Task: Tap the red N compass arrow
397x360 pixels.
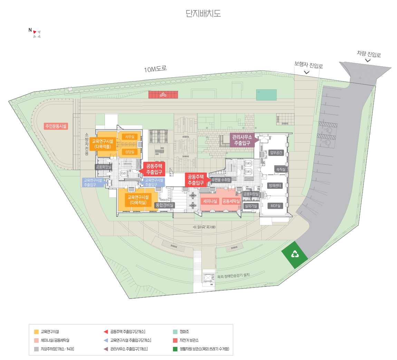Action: [35, 32]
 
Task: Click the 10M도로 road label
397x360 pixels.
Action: [155, 69]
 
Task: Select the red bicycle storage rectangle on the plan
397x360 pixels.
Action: [163, 94]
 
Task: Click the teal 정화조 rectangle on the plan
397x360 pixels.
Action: [266, 95]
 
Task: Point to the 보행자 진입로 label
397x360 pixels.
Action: [308, 65]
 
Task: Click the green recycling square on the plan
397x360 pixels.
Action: [294, 255]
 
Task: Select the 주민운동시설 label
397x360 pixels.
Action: [56, 126]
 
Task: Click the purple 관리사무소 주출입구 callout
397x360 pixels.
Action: [242, 140]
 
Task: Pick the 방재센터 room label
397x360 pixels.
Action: [275, 186]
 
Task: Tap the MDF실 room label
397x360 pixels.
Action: [275, 206]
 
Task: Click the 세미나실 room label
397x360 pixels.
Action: [210, 201]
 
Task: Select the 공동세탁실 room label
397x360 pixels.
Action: [231, 201]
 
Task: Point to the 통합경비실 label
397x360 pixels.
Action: [165, 205]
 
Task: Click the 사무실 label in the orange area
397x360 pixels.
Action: [129, 137]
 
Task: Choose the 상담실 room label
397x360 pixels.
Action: [129, 152]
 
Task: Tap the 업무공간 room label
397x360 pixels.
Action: [276, 153]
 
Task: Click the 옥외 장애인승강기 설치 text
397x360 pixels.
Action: [233, 276]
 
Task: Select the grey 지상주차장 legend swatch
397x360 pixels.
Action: [36, 349]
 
